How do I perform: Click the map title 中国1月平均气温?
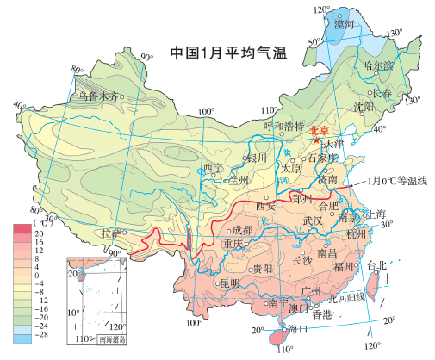click(227, 52)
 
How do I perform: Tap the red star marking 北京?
click(319, 140)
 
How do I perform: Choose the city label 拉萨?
click(111, 233)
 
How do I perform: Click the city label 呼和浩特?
click(284, 126)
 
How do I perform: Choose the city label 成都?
click(243, 230)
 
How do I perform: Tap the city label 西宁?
click(212, 167)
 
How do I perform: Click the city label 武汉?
click(312, 220)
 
